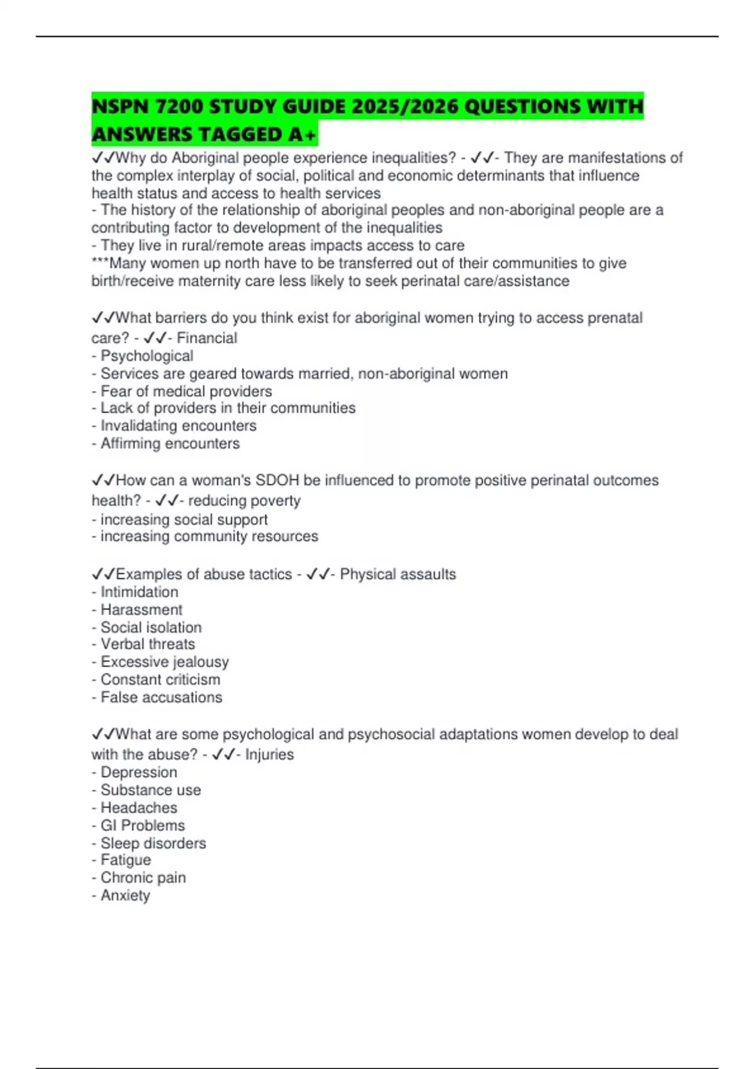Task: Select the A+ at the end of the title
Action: coord(301,135)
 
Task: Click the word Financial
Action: coord(207,338)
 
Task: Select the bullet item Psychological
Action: coord(147,356)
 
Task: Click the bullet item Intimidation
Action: coord(139,592)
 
